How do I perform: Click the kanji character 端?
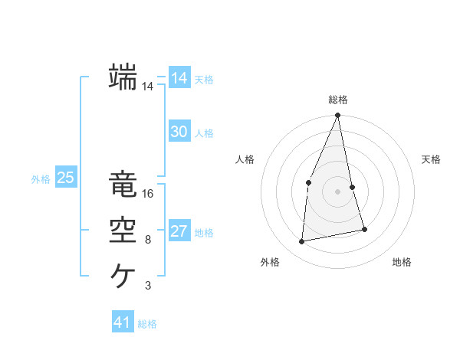[x=123, y=77]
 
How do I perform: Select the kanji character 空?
[x=123, y=230]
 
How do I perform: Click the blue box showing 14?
[x=179, y=78]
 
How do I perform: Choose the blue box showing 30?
[x=179, y=132]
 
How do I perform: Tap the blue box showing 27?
[x=179, y=231]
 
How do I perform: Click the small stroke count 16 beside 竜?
[x=148, y=194]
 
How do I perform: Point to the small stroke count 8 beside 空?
[x=148, y=240]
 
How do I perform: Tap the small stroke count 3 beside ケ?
[x=148, y=286]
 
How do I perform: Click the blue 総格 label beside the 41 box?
[x=147, y=324]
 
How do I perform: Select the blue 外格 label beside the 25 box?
[x=41, y=179]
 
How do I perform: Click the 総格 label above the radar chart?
[x=338, y=100]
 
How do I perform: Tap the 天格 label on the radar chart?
[x=432, y=159]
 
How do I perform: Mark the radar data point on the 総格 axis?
[x=338, y=116]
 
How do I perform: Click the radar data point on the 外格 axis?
[x=302, y=242]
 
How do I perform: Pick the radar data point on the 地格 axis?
[x=364, y=229]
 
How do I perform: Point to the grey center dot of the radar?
[x=338, y=191]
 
